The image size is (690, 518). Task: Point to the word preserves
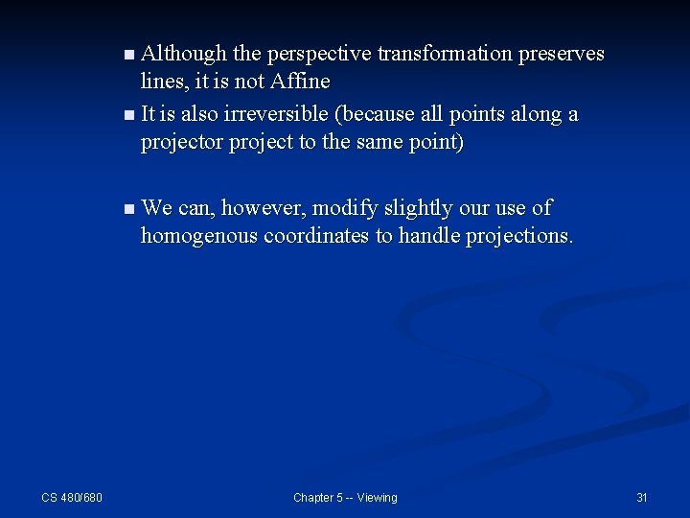coord(561,54)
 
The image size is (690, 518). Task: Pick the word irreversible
coord(278,114)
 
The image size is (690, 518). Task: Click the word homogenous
coord(196,236)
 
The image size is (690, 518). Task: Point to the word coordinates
coord(313,236)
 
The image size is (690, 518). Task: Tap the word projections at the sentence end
coord(519,236)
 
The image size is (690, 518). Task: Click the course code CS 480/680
coord(72,497)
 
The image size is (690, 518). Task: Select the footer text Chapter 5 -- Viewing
coord(345,497)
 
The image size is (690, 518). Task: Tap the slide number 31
coord(642,497)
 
